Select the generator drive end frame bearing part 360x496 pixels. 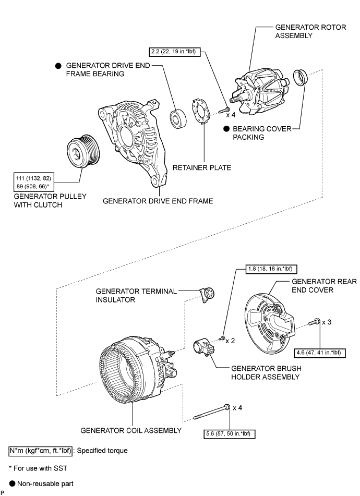tap(178, 119)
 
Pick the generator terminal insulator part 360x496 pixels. tap(207, 295)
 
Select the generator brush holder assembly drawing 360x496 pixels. tap(204, 347)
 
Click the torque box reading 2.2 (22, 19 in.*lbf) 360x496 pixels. tap(175, 52)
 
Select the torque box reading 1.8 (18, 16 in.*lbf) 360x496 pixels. tap(271, 269)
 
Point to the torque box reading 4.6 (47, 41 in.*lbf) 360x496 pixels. tap(319, 353)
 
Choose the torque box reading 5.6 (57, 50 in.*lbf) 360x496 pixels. tap(230, 434)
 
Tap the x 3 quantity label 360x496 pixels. tap(327, 322)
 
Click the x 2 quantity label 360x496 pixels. tap(230, 341)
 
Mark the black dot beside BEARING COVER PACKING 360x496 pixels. tap(226, 129)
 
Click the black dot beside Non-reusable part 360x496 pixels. tap(12, 483)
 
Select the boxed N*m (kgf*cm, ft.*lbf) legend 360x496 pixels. tap(41, 451)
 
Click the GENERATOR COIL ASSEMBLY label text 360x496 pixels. tap(131, 430)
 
